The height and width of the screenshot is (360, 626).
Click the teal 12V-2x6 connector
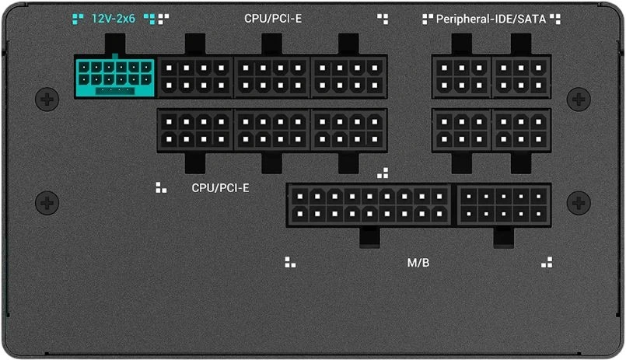[x=114, y=77]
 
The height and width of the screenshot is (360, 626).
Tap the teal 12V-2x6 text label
[x=114, y=19]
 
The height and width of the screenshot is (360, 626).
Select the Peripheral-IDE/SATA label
[x=491, y=19]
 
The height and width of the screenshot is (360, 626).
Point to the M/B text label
[x=418, y=263]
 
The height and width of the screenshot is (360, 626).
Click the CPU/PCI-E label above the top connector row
[x=273, y=19]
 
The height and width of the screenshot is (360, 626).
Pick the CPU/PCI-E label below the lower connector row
[x=220, y=187]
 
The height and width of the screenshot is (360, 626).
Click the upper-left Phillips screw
[x=47, y=99]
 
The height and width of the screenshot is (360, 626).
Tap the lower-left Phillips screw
[x=47, y=203]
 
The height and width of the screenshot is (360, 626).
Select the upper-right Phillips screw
[x=579, y=99]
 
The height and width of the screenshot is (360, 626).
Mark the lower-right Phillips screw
[x=579, y=203]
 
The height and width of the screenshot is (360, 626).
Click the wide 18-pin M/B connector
[x=369, y=205]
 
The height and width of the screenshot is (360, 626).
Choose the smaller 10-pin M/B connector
[x=503, y=205]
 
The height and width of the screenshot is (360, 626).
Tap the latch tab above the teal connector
[x=115, y=44]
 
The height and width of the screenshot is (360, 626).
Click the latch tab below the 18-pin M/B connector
[x=369, y=237]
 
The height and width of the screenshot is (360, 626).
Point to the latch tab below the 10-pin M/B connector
[x=503, y=237]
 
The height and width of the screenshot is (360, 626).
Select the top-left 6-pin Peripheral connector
[x=461, y=77]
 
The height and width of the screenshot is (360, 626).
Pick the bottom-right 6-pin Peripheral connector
[x=521, y=130]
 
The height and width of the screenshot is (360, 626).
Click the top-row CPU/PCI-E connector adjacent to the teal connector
[x=195, y=77]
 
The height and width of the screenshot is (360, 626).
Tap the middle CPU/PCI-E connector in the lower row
[x=272, y=130]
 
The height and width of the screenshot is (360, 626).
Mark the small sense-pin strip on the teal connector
[x=115, y=91]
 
